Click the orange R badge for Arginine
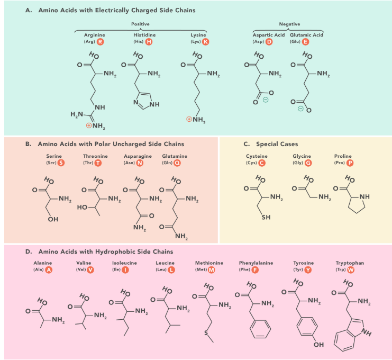(101, 41)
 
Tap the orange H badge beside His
(149, 41)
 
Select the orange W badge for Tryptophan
(351, 269)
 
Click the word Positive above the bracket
(140, 24)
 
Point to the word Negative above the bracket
(289, 24)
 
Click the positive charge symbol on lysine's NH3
(189, 119)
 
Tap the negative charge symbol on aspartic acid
(266, 100)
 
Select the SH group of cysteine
(266, 217)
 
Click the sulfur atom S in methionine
(206, 333)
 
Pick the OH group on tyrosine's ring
(319, 345)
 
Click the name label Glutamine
(175, 156)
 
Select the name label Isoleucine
(124, 263)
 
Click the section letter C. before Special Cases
(247, 144)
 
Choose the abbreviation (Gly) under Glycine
(298, 163)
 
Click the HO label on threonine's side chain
(82, 207)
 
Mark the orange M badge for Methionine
(212, 269)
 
